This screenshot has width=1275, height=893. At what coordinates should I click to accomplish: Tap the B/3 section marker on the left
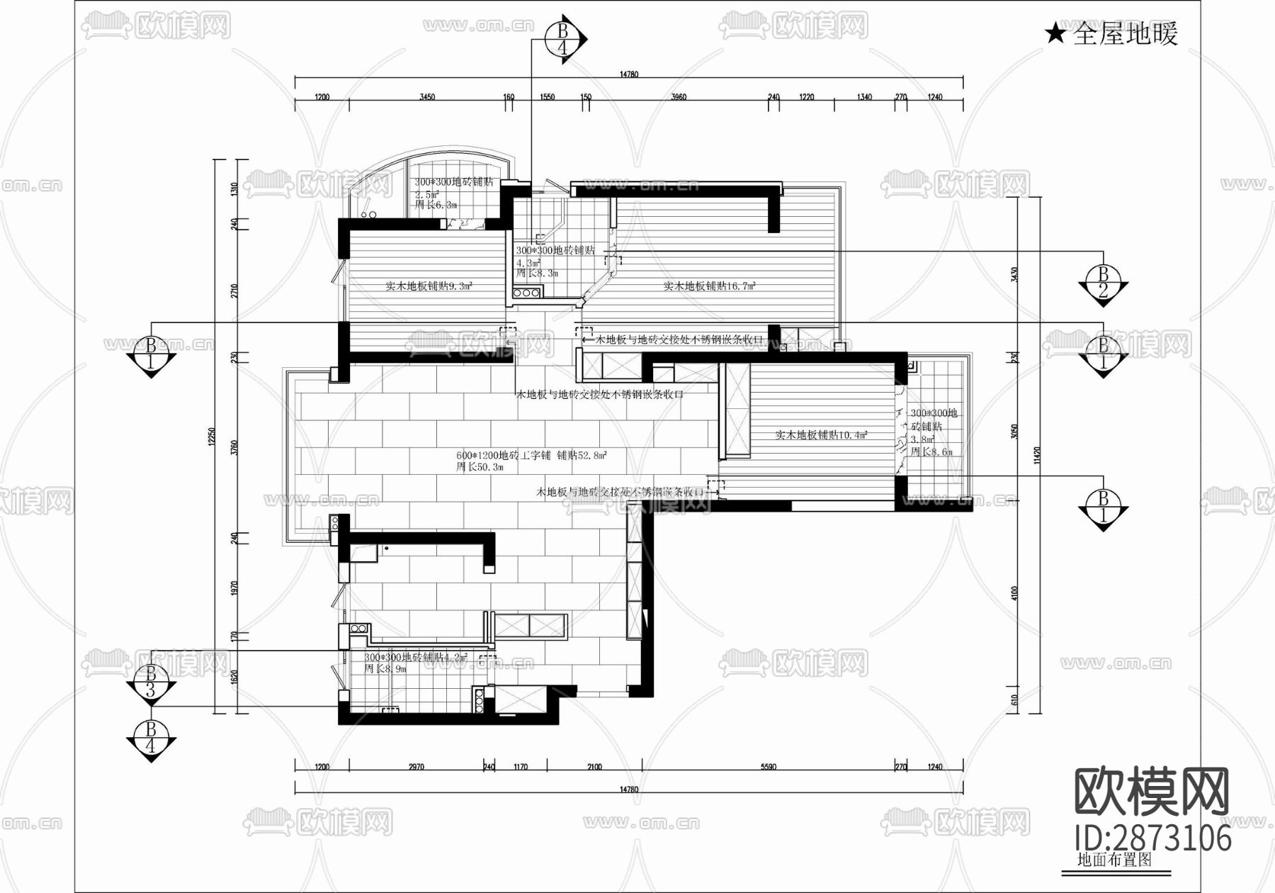point(150,682)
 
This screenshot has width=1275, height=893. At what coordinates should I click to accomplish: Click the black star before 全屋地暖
point(1055,33)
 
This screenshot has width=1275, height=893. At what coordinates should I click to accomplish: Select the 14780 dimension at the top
point(629,74)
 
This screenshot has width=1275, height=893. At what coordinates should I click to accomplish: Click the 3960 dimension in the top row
point(678,97)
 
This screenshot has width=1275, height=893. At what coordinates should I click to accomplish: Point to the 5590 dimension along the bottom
point(768,766)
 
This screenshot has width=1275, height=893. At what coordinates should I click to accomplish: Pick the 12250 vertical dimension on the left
point(211,437)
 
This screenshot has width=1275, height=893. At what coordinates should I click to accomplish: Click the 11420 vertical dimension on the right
point(1037,455)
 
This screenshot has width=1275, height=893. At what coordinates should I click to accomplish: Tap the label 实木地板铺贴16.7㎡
point(709,286)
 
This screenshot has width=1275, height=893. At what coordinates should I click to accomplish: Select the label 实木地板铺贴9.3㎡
point(429,286)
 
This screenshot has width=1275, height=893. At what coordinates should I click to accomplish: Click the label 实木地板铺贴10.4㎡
point(821,435)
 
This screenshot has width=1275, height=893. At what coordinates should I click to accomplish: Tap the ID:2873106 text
point(1153,838)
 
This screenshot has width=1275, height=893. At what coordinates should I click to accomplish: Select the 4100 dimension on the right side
point(1014,593)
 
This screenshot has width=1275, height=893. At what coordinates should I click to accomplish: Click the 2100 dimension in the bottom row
point(594,766)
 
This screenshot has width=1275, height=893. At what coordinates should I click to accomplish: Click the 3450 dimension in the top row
point(427,97)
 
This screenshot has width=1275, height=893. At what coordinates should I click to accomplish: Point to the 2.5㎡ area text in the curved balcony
point(426,193)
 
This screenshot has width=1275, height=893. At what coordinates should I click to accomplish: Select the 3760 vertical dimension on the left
point(235,448)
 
